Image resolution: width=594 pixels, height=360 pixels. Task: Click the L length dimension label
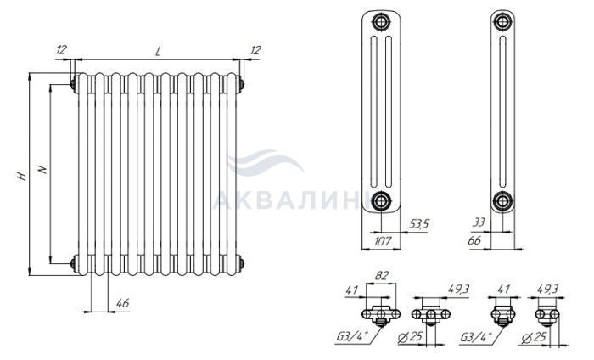click(x=158, y=52)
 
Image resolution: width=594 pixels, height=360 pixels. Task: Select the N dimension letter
click(x=43, y=169)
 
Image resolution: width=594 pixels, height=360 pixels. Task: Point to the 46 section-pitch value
click(x=123, y=303)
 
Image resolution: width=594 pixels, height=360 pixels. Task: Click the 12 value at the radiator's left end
click(x=61, y=49)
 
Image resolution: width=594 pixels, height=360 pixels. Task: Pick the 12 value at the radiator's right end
click(x=255, y=49)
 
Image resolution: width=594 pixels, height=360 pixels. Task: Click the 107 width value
click(x=383, y=240)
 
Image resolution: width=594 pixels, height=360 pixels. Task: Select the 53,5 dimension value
click(x=418, y=224)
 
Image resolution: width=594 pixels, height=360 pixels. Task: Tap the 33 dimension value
click(x=479, y=222)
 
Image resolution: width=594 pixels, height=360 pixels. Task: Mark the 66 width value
click(x=474, y=240)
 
